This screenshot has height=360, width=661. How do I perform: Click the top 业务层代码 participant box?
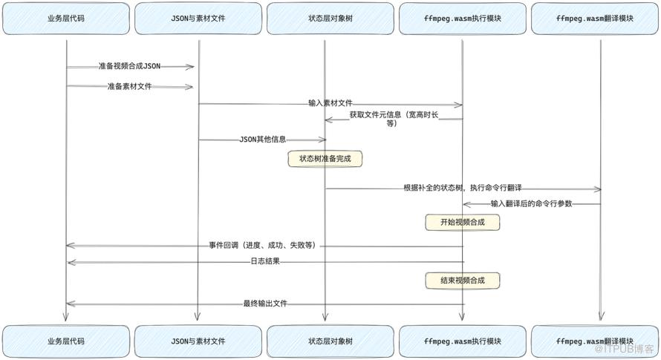coord(66,19)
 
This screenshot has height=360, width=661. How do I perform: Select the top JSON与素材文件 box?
coord(198,19)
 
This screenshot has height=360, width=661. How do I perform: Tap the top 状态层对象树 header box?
coord(330,19)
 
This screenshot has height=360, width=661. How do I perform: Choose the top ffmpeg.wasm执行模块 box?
coord(463,19)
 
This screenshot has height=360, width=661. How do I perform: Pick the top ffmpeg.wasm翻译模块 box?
coord(595,19)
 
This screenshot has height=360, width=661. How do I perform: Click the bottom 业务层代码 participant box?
coord(66,341)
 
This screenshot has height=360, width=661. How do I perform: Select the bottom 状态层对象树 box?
coord(330,341)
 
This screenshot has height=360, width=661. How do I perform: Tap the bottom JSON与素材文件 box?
coord(198,341)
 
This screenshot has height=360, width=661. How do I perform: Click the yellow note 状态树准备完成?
coord(325,159)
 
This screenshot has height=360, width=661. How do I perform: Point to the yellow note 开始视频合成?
coord(463,222)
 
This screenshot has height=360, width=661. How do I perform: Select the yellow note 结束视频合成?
coord(463,281)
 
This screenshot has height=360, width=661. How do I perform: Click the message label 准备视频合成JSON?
coord(129,66)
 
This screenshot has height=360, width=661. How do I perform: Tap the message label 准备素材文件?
coord(129,86)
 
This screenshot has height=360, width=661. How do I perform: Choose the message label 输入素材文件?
coord(330,103)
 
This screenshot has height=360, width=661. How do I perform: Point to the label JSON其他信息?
coord(263,140)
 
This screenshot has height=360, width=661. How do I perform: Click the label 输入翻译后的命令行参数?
coord(532,203)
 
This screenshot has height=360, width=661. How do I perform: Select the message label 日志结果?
coord(265,261)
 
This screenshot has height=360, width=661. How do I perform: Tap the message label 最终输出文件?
coord(265,304)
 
